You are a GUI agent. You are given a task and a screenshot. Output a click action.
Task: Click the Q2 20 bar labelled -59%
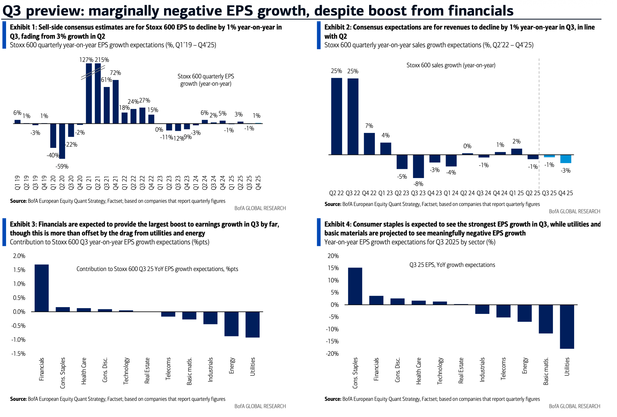coord(62,141)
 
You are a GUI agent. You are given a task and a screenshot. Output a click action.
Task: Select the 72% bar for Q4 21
coord(116,102)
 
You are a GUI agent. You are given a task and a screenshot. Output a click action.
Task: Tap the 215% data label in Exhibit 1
coord(102,60)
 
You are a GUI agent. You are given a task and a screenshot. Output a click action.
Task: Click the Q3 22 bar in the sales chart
coord(353,116)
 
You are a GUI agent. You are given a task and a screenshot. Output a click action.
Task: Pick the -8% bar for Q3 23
coord(418,166)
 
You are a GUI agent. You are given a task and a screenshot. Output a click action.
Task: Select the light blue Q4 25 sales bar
coord(566,159)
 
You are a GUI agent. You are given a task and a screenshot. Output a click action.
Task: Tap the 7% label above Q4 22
coord(369,126)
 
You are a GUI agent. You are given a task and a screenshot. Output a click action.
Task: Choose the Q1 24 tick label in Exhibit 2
coord(451,193)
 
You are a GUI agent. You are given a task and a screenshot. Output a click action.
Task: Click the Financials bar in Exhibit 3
coord(42,288)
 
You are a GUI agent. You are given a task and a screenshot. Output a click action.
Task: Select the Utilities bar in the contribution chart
coord(253,324)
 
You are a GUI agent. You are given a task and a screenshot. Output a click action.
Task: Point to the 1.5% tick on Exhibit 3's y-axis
coord(19,270)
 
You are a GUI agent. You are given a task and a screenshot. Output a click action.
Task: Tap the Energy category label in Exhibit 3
coord(232,366)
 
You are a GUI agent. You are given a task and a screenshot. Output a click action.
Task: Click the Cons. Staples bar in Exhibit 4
coord(355,286)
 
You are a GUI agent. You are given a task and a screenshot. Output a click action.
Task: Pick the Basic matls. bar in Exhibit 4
coord(546,319)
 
